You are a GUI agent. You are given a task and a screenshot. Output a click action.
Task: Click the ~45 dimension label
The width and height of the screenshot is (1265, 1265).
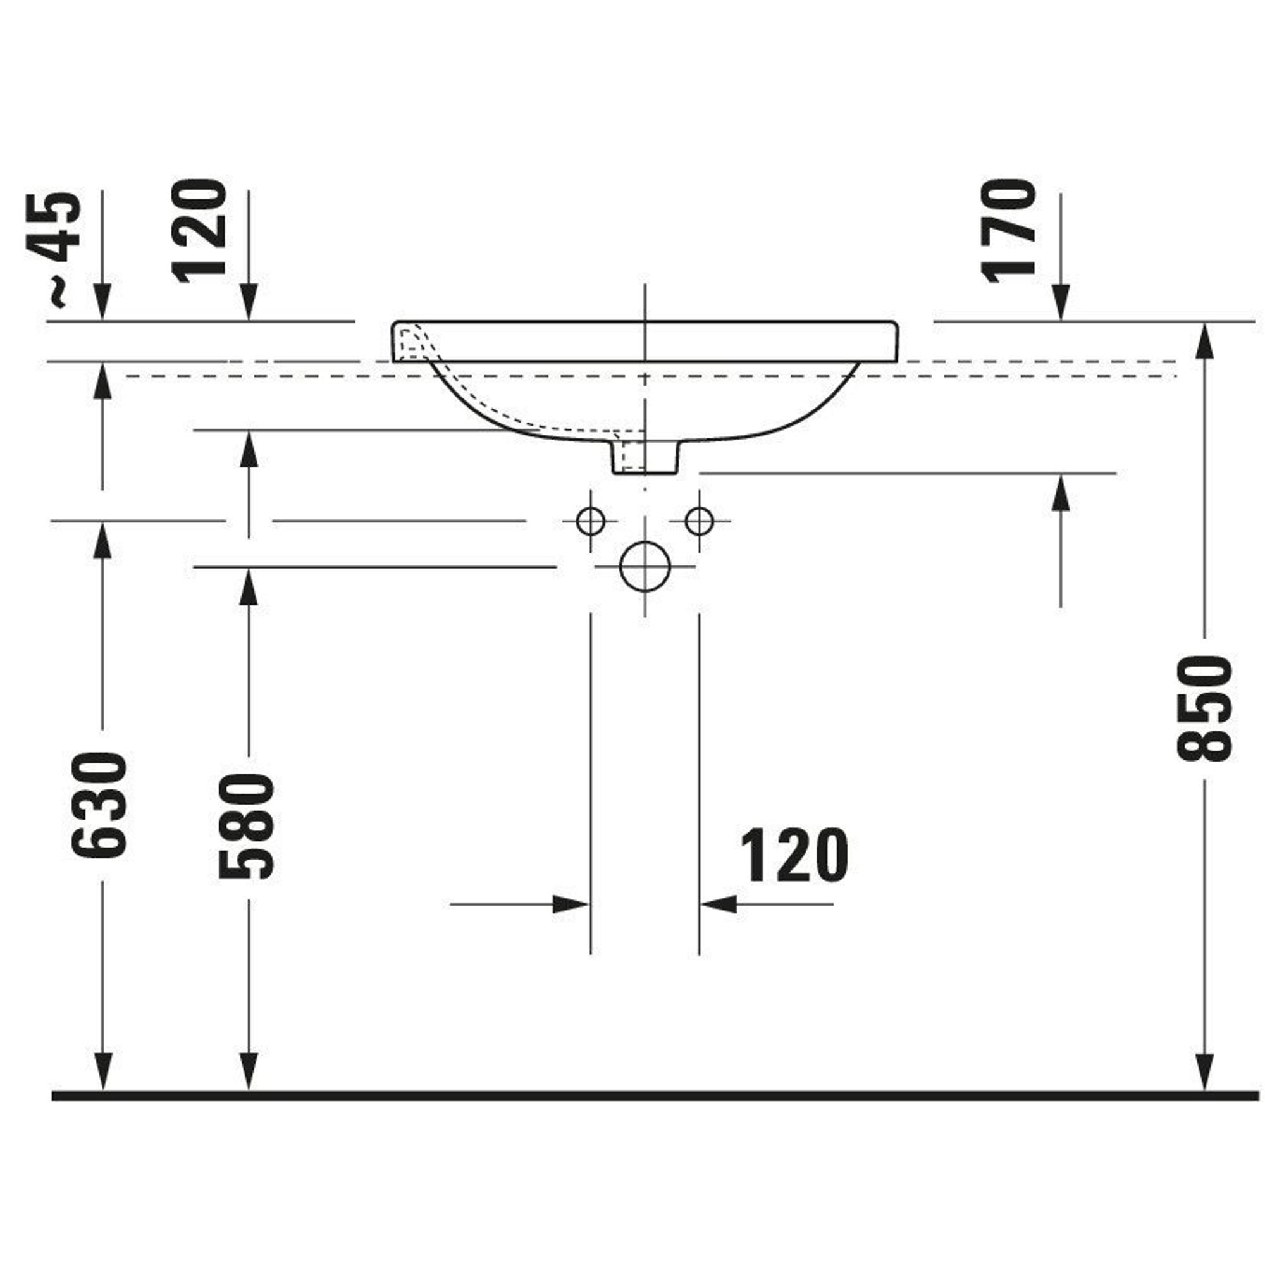[x=54, y=249]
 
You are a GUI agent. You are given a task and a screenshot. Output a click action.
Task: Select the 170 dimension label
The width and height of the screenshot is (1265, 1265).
[x=1008, y=230]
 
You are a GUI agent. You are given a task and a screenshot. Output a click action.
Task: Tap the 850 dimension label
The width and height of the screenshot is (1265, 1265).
[x=1205, y=710]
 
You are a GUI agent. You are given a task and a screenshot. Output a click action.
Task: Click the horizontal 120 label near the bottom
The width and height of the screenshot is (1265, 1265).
[x=794, y=855]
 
